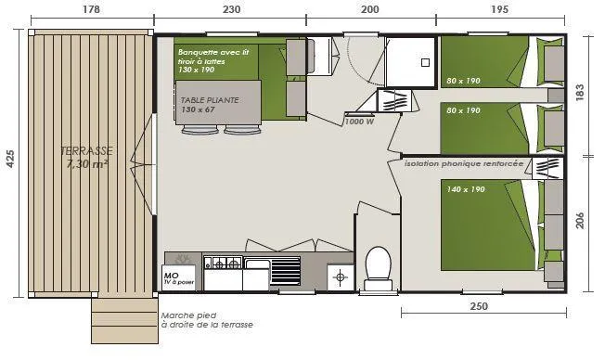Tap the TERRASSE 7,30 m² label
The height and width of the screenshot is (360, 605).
coord(88,157)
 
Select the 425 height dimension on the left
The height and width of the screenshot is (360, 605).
coord(11,160)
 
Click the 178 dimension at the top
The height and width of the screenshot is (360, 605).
coord(90,9)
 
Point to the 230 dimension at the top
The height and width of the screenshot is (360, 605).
coord(231,9)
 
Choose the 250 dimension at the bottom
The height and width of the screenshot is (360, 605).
coord(479,306)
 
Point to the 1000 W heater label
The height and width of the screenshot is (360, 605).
coord(358,122)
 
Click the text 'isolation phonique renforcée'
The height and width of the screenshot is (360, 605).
coord(463,162)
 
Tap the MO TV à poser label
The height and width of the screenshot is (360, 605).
coord(178,277)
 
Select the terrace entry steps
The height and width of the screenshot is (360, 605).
coord(122,320)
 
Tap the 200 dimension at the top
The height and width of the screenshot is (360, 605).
coord(369,9)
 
